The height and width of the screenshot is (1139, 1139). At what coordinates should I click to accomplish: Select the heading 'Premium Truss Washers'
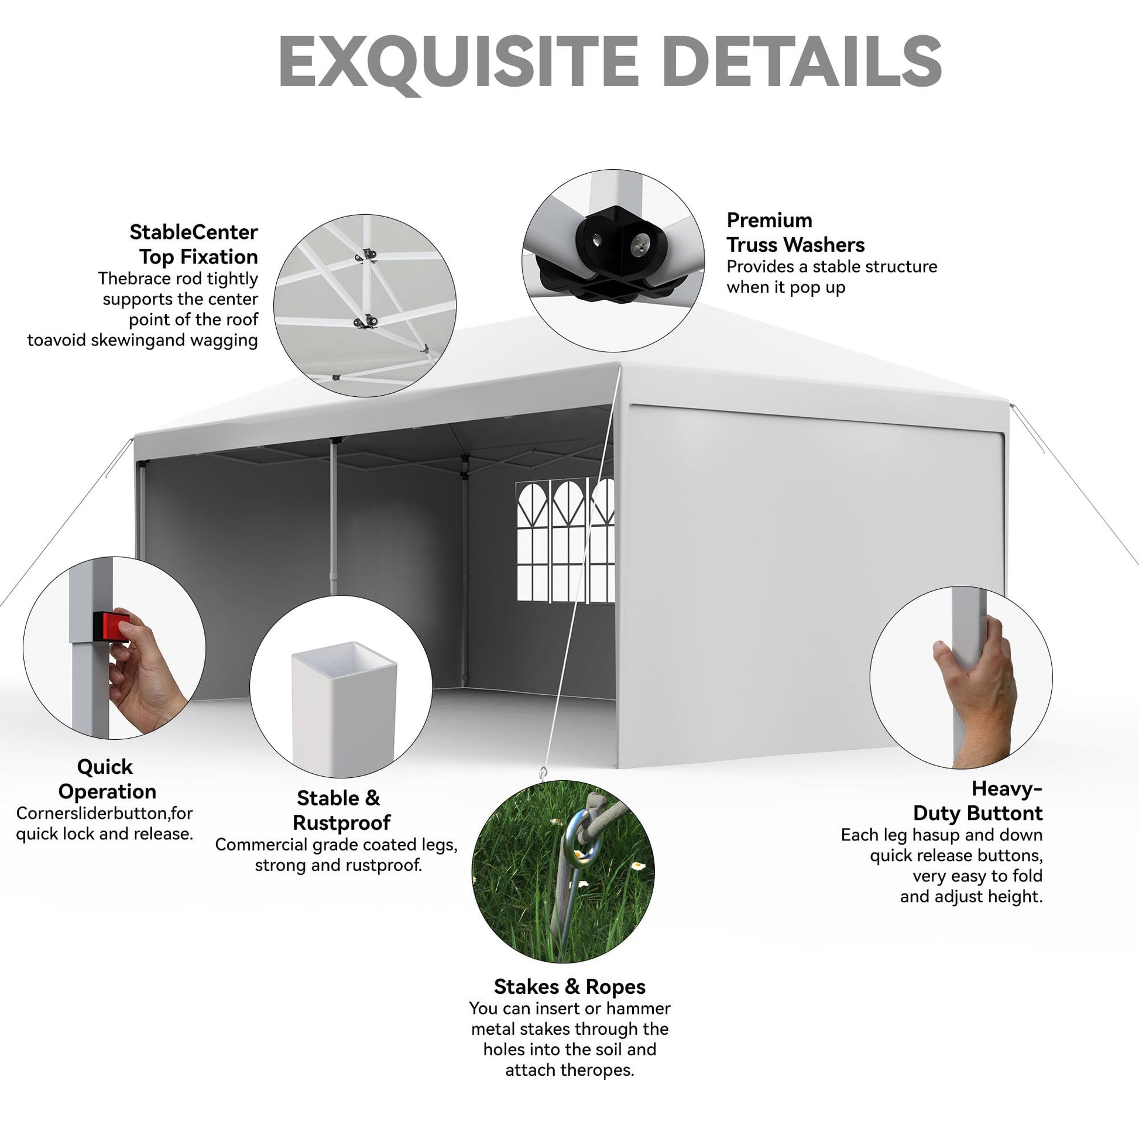pyautogui.click(x=795, y=232)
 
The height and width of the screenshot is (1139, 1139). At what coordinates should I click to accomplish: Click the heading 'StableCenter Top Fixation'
pyautogui.click(x=193, y=245)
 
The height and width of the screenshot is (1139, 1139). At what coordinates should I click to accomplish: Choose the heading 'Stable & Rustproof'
pyautogui.click(x=341, y=811)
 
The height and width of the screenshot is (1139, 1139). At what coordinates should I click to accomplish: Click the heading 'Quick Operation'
pyautogui.click(x=107, y=780)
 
